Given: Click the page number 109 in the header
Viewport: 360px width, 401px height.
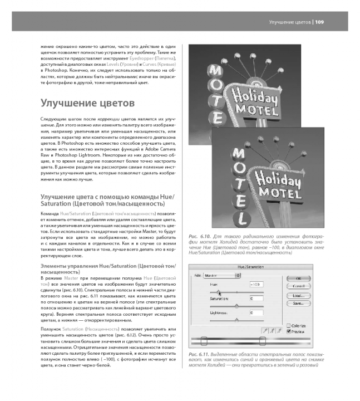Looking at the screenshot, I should [x=323, y=22].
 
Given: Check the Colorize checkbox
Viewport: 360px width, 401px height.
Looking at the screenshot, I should [x=288, y=325].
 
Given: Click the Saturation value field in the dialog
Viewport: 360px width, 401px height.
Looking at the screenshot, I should [x=258, y=299].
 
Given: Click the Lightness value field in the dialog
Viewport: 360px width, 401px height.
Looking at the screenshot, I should [x=258, y=313].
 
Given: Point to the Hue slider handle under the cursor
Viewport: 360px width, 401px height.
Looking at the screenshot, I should [x=218, y=291].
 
